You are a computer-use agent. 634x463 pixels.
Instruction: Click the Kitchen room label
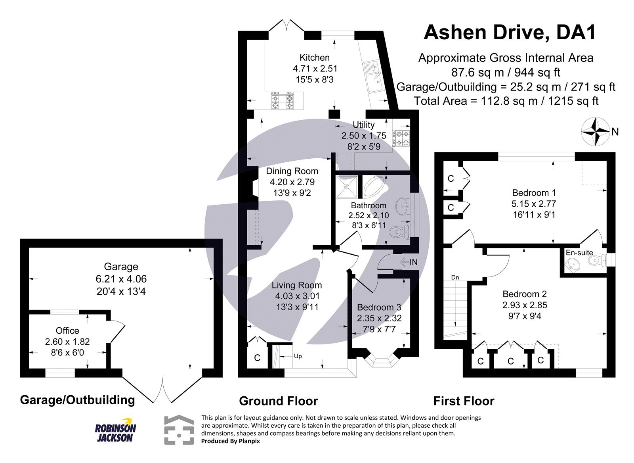coord(314,58)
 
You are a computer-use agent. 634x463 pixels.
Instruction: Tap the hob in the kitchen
coord(282,100)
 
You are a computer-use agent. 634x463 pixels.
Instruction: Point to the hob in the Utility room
coord(401,138)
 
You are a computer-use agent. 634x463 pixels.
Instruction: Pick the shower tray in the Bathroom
coord(347,186)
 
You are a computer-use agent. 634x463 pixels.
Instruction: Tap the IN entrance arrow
coord(409,262)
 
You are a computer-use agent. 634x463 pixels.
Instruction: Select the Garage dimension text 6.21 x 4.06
coord(121,279)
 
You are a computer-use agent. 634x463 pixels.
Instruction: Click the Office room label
coord(67,330)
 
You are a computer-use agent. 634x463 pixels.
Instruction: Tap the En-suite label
coord(579,252)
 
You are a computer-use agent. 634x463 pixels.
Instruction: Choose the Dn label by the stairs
coord(455,277)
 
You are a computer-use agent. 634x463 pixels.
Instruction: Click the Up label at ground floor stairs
coord(298,356)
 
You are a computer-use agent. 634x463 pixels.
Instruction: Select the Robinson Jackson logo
coord(115,430)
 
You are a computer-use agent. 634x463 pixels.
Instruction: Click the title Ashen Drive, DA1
coord(510,33)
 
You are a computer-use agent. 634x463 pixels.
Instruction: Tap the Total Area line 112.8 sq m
coord(506,101)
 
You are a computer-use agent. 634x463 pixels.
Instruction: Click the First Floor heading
coord(464,401)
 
